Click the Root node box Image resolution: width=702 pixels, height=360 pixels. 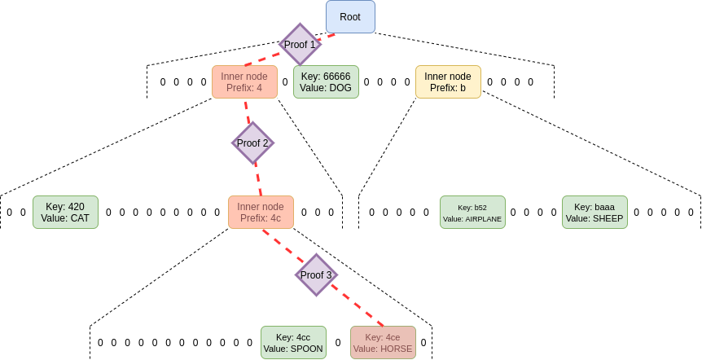tap(350, 17)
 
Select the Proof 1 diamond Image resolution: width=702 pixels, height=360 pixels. tap(300, 45)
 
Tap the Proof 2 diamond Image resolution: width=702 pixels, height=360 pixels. tap(252, 143)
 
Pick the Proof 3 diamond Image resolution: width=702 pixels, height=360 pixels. tap(316, 275)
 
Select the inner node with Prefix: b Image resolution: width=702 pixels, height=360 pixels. tap(448, 82)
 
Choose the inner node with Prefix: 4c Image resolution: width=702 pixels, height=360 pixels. tap(261, 212)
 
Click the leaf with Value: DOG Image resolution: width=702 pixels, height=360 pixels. tap(326, 82)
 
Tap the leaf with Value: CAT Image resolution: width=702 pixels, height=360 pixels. tap(65, 212)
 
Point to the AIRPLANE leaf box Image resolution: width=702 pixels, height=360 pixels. tap(472, 212)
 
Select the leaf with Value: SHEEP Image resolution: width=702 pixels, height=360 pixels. tap(595, 212)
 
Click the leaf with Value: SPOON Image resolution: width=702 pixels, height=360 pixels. tap(293, 343)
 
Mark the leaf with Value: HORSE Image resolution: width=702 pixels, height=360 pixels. tap(383, 343)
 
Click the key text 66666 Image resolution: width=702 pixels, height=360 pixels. tap(336, 77)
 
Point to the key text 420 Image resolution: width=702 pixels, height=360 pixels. tap(76, 206)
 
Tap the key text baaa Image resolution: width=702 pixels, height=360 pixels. tap(605, 206)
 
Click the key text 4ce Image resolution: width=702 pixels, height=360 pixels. tap(393, 337)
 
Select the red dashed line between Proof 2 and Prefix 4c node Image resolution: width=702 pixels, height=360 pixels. tap(257, 178)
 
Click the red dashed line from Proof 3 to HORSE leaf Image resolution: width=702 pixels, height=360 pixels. tap(358, 306)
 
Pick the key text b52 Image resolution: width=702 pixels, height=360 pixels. tap(480, 207)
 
